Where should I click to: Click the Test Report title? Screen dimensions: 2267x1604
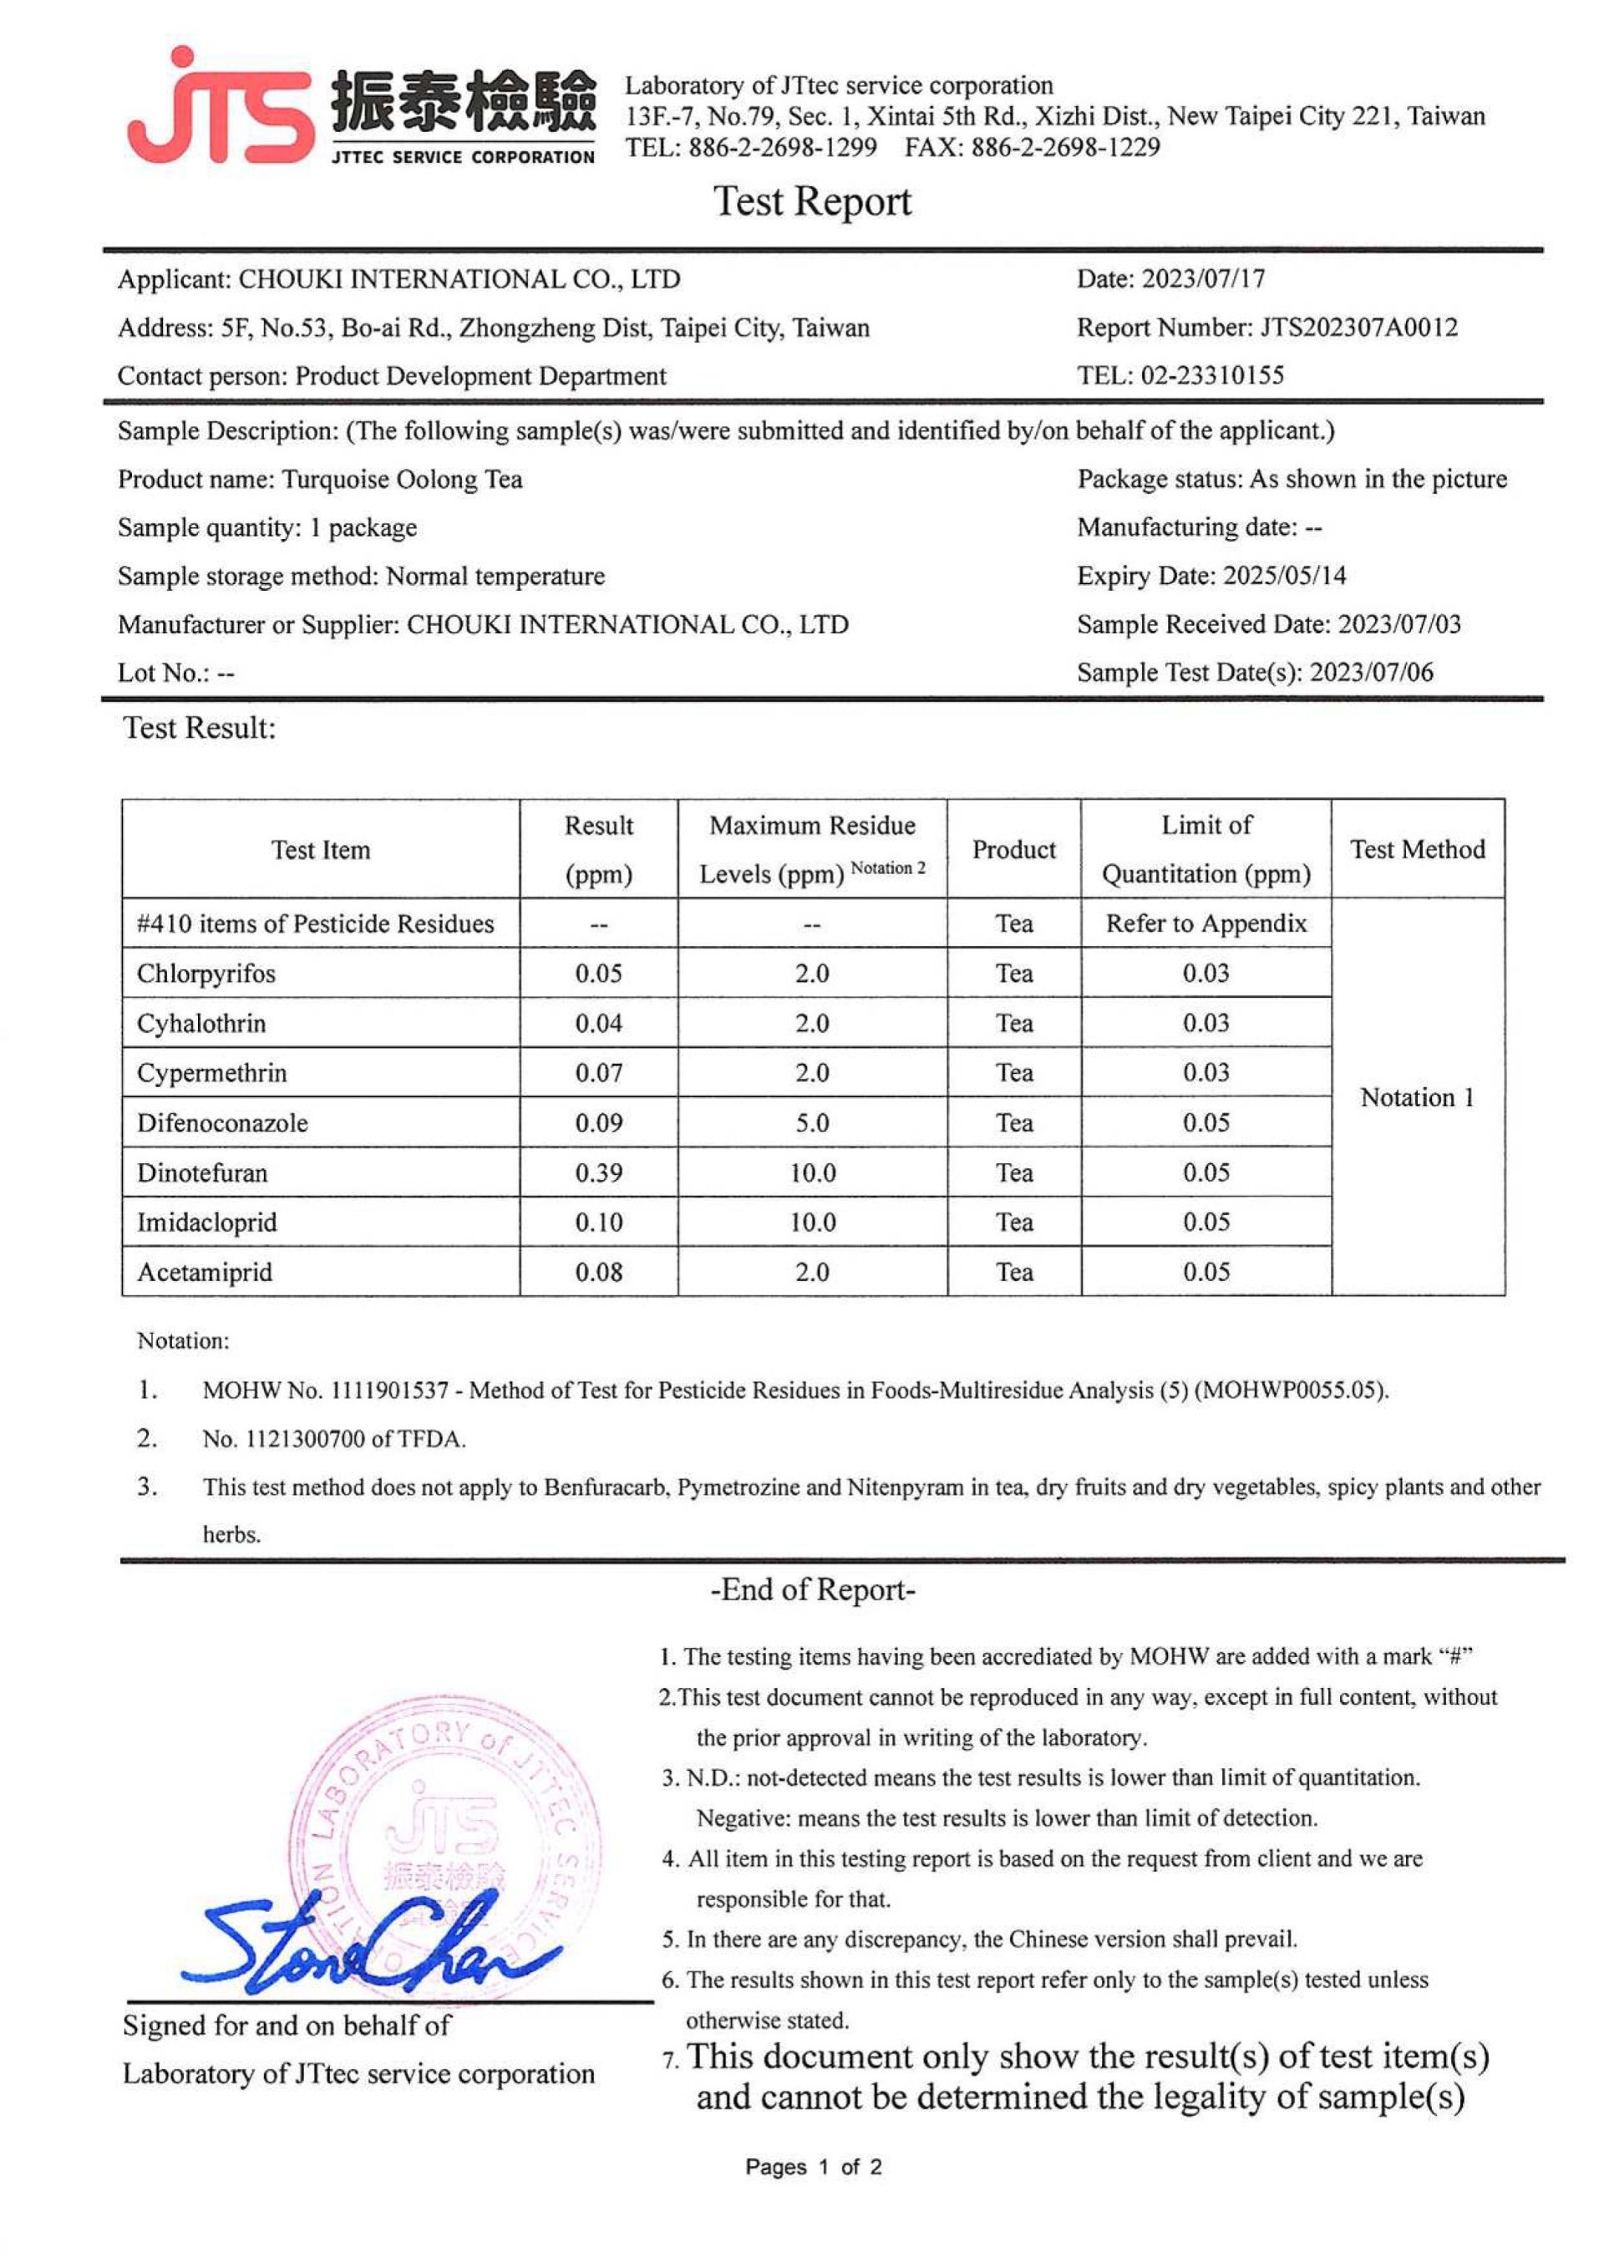pos(812,201)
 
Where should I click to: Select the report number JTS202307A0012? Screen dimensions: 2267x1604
pos(1358,327)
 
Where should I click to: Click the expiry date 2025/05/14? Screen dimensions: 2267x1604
pos(1284,575)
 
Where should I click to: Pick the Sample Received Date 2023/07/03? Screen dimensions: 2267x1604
pos(1398,623)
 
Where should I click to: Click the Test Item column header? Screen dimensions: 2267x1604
pos(321,850)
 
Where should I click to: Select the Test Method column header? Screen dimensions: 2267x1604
pos(1418,850)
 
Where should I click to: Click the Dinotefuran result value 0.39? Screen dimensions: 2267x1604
pos(598,1172)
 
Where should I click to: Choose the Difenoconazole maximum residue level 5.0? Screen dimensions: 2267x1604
pos(812,1123)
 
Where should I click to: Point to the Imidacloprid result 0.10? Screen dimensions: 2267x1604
pos(598,1222)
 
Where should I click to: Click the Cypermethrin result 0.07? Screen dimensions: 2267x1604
pos(598,1073)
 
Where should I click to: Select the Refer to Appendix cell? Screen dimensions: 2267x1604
pos(1206,923)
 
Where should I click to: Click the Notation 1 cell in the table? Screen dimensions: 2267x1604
pos(1418,1097)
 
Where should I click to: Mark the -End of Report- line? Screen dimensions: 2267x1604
pos(812,1590)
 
